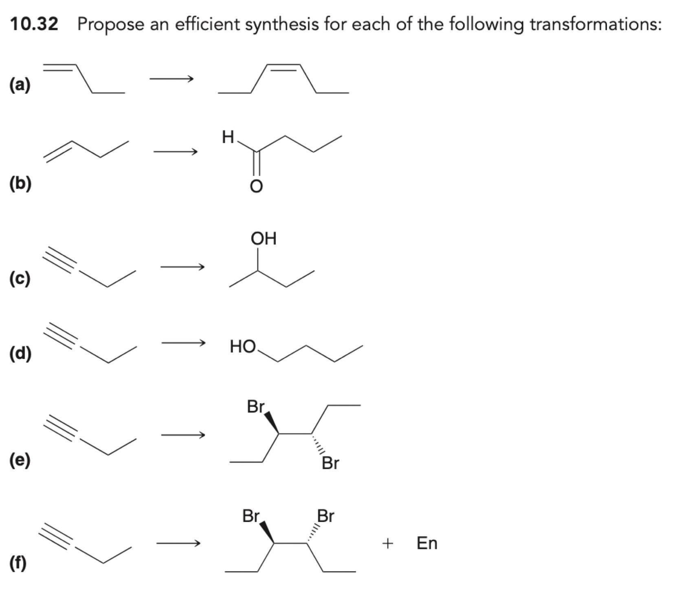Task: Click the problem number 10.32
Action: coord(34,24)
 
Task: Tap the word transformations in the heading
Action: coord(595,24)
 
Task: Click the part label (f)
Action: coord(19,564)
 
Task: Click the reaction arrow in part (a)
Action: coord(171,79)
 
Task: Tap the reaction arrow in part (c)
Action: coord(182,267)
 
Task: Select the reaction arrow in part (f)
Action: coord(178,543)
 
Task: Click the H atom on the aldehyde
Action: coord(228,137)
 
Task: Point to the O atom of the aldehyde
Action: coord(256,186)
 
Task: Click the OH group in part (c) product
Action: coord(264,238)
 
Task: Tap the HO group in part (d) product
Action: coord(243,347)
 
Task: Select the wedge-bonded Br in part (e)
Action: coord(256,406)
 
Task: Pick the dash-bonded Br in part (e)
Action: coord(330,463)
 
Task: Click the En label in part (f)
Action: coord(427,543)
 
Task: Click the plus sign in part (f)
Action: coord(388,543)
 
